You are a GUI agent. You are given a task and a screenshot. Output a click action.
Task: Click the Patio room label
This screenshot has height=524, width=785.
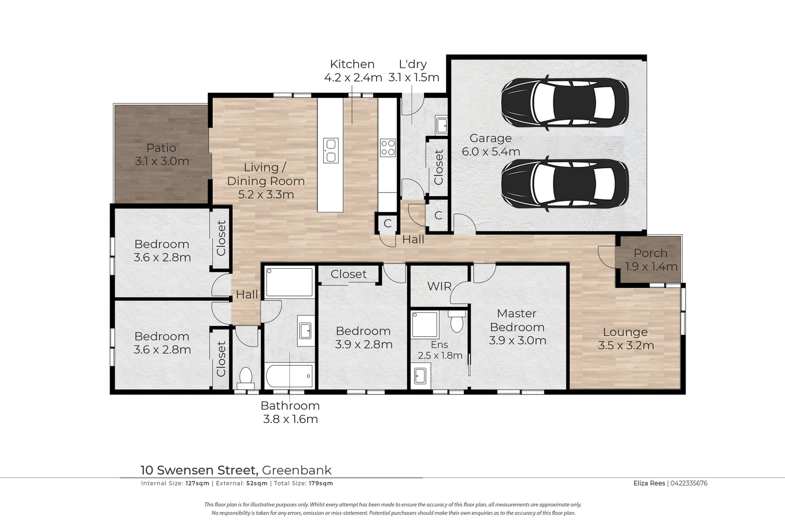tap(161, 148)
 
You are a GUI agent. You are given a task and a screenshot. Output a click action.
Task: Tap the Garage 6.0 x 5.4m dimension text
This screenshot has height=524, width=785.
tap(491, 152)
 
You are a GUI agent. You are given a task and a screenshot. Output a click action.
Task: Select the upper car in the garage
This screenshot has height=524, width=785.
tap(565, 102)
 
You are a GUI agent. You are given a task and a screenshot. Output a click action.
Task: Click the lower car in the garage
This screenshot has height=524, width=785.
tap(565, 184)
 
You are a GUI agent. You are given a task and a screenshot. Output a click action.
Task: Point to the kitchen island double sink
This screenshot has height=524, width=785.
tap(330, 150)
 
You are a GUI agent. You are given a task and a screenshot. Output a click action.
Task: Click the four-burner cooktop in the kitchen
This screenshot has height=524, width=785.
tap(388, 147)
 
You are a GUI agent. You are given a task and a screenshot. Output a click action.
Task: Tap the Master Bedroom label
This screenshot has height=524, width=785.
tap(517, 320)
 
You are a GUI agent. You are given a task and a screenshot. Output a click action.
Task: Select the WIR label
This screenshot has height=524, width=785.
tap(440, 286)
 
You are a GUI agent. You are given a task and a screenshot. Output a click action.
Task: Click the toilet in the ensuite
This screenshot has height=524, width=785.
tap(457, 321)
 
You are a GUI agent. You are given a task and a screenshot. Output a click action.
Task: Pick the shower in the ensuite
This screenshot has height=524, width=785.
tap(425, 325)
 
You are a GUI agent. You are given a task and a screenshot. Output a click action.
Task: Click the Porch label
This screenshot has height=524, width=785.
tap(651, 253)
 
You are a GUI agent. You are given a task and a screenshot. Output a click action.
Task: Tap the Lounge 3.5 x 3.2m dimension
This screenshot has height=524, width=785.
tap(626, 345)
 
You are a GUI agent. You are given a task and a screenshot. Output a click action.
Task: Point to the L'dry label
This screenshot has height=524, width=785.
tap(413, 64)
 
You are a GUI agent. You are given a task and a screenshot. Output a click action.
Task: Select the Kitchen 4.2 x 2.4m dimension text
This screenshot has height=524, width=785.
tap(353, 78)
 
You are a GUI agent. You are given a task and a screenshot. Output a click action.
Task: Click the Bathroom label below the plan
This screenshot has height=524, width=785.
tap(290, 406)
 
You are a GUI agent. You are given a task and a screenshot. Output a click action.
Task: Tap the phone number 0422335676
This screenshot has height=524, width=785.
tap(689, 483)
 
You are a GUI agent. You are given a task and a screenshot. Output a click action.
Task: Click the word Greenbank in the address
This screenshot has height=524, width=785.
tap(297, 470)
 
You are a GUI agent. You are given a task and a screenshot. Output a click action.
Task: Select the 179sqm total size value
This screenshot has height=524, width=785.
tap(321, 483)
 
